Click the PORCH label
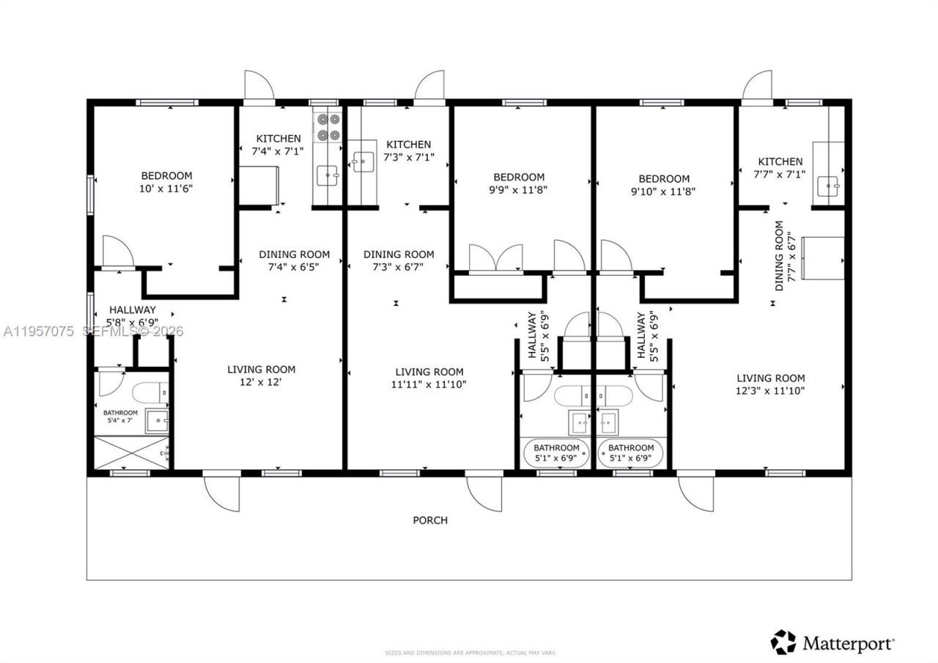click(430, 520)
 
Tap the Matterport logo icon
click(783, 642)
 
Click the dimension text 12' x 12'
click(261, 382)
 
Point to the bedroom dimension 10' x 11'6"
click(167, 188)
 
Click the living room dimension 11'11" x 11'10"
click(429, 384)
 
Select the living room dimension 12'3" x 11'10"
click(770, 390)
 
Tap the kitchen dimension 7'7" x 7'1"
click(780, 174)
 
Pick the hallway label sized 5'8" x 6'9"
click(132, 316)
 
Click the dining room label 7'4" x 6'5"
click(294, 260)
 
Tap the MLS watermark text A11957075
click(38, 331)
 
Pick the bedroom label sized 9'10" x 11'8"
click(664, 185)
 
